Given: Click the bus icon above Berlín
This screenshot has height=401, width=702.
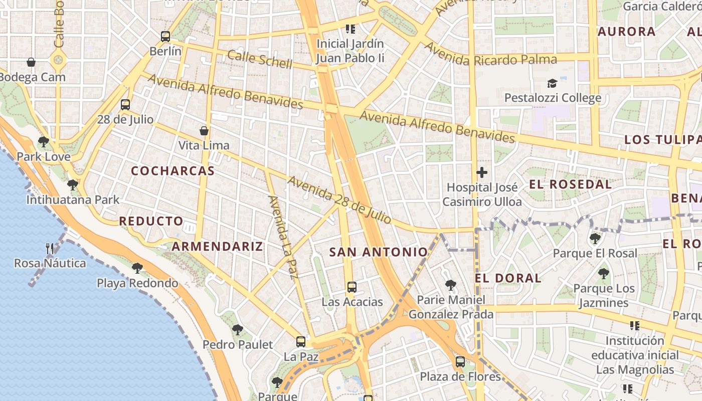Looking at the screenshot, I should (x=165, y=37).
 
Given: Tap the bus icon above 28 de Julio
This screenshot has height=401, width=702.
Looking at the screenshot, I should (x=125, y=105).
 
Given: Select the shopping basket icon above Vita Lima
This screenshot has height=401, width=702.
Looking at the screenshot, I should (x=204, y=131).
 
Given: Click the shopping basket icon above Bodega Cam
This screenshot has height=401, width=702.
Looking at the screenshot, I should (x=31, y=62).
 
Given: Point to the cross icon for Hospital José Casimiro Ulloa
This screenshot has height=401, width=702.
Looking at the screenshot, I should (x=482, y=173).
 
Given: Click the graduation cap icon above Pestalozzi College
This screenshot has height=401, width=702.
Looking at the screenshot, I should (x=552, y=83).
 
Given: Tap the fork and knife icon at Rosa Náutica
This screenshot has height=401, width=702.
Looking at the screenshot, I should (x=50, y=248).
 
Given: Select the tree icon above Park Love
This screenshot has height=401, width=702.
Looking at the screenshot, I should (x=44, y=142).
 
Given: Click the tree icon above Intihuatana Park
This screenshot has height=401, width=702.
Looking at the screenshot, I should (x=73, y=185).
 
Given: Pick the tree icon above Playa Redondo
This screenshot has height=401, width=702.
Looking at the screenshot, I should (x=137, y=268).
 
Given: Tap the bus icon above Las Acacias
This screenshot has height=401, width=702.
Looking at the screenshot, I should (x=352, y=287).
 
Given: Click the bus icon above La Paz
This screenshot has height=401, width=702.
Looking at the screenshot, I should (x=301, y=342).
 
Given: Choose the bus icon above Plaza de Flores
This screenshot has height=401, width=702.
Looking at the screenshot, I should (x=460, y=361).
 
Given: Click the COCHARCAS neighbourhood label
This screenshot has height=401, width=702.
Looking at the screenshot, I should (x=173, y=171).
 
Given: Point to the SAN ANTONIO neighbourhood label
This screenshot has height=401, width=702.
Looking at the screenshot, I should (x=379, y=252).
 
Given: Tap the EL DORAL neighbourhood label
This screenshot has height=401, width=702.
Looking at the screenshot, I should (x=508, y=278).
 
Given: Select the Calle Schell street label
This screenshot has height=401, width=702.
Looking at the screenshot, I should (x=260, y=59).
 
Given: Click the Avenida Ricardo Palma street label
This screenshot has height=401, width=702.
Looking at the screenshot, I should (x=491, y=56).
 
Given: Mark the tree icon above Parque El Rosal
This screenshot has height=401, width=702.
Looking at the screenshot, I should (x=595, y=238).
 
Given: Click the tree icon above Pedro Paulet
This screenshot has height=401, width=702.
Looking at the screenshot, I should (x=238, y=330).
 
